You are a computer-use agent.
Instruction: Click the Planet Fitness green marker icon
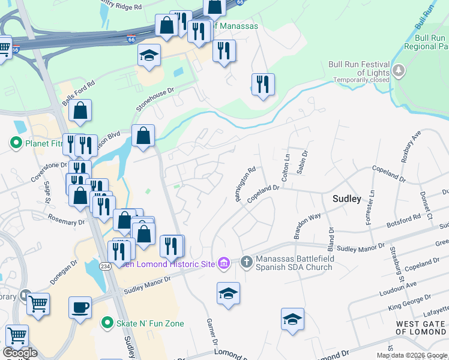click(16, 143)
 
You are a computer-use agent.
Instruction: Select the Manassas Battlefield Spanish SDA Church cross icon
click(246, 262)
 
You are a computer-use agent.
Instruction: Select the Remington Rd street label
click(246, 184)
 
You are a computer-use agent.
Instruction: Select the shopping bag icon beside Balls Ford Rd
click(79, 111)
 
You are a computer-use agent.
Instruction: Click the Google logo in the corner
click(20, 352)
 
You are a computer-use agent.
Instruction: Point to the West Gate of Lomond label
click(420, 328)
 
